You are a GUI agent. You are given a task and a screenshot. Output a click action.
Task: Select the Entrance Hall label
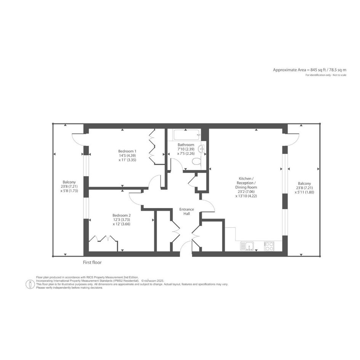pyautogui.click(x=187, y=211)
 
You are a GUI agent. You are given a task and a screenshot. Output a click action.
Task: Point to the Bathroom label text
pyautogui.click(x=186, y=145)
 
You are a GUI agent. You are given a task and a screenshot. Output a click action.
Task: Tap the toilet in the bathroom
pyautogui.click(x=196, y=162)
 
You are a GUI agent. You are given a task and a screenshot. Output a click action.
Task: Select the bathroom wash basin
pyautogui.click(x=202, y=149)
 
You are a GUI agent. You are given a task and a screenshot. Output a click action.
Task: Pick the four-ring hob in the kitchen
pyautogui.click(x=269, y=246)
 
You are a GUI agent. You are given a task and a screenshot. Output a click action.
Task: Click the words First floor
pyautogui.click(x=92, y=262)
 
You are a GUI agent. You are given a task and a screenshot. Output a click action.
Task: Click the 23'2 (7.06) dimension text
pyautogui.click(x=246, y=192)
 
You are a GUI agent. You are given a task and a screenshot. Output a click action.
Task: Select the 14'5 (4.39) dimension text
pyautogui.click(x=127, y=155)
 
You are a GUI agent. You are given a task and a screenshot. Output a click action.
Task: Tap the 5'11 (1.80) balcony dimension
pyautogui.click(x=304, y=192)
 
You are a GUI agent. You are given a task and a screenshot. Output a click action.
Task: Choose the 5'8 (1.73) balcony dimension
pyautogui.click(x=69, y=190)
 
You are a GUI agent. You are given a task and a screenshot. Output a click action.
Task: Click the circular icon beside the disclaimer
pyautogui.click(x=30, y=284)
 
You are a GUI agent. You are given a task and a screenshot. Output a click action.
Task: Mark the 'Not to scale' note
pyautogui.click(x=339, y=75)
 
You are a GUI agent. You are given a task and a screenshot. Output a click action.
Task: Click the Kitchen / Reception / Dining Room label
pyautogui.click(x=246, y=183)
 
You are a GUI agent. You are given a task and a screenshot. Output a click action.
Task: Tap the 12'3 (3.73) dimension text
pyautogui.click(x=122, y=220)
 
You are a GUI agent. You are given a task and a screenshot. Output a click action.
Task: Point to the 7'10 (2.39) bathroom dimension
pyautogui.click(x=186, y=149)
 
